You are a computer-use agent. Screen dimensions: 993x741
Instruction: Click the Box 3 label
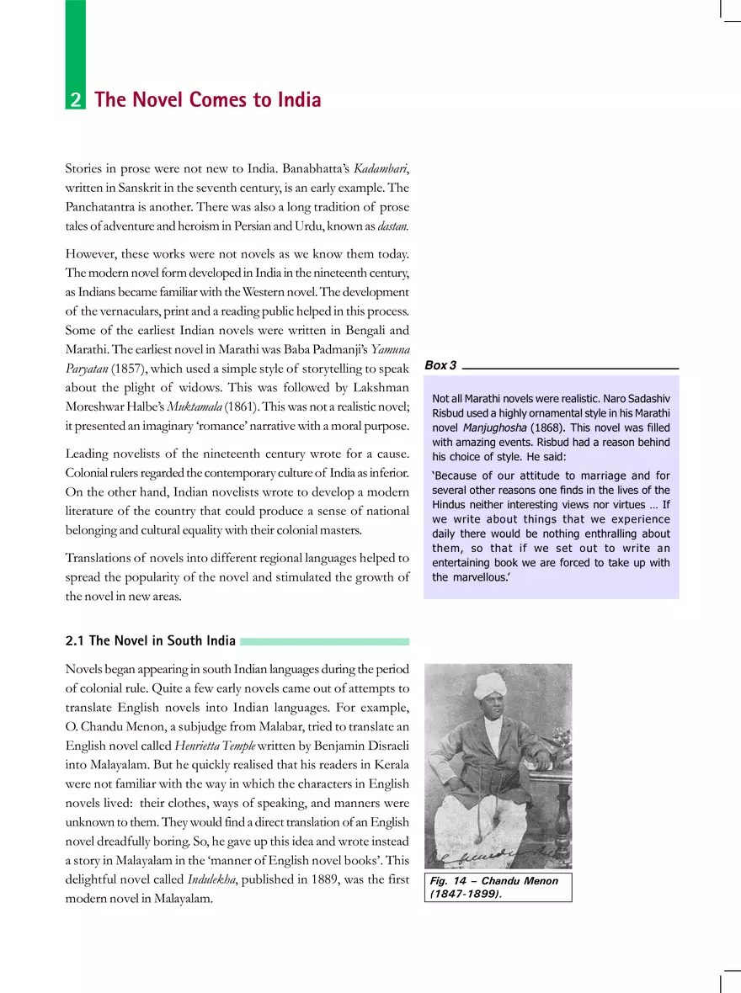click(440, 365)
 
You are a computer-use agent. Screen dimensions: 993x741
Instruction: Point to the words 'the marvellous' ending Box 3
click(471, 577)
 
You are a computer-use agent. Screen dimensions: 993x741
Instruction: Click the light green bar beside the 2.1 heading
click(324, 641)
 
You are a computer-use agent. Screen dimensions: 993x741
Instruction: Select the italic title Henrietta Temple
click(211, 745)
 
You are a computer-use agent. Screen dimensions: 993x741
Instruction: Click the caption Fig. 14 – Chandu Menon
click(496, 881)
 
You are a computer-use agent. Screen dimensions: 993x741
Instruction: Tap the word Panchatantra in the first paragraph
click(102, 207)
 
